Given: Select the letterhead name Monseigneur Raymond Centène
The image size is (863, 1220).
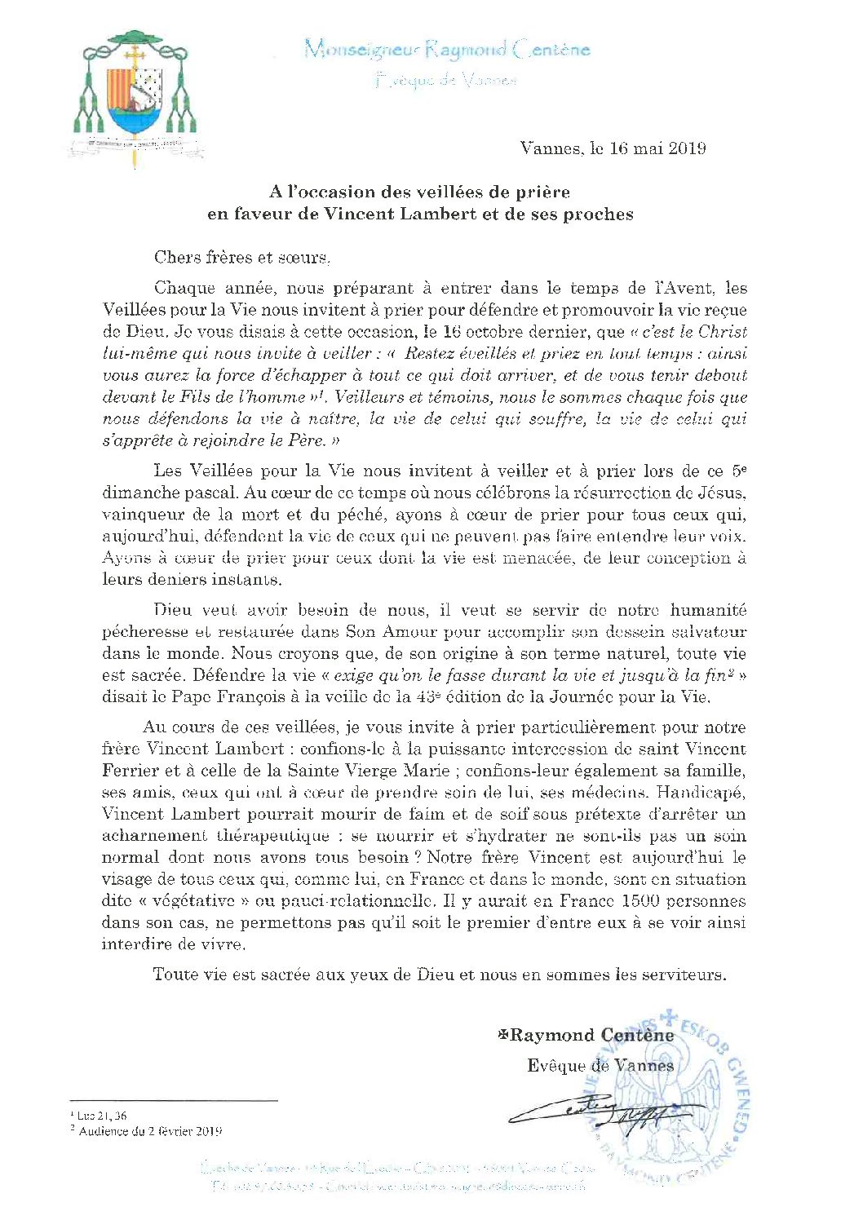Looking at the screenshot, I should click(447, 51).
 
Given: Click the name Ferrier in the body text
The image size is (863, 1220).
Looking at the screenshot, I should click(130, 771).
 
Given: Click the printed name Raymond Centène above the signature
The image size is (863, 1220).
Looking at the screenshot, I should click(591, 1036).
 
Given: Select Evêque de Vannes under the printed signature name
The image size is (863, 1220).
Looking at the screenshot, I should click(600, 1066).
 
